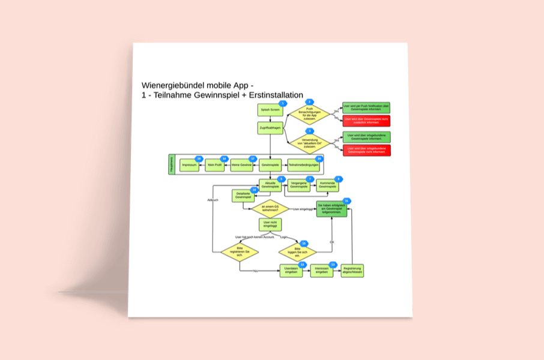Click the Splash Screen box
click(270, 110)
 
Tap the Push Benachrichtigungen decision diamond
click(310, 113)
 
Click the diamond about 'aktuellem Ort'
click(310, 142)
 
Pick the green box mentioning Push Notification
click(366, 107)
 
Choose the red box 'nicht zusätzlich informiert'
click(366, 121)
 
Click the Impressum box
click(189, 164)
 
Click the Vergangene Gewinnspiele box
click(298, 185)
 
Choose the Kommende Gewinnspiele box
click(328, 185)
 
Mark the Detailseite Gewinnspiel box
click(243, 196)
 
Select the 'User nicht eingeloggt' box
click(270, 224)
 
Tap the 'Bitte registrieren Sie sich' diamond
click(239, 252)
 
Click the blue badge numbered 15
click(304, 244)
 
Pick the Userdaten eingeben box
click(292, 271)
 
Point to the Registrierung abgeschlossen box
click(352, 271)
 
